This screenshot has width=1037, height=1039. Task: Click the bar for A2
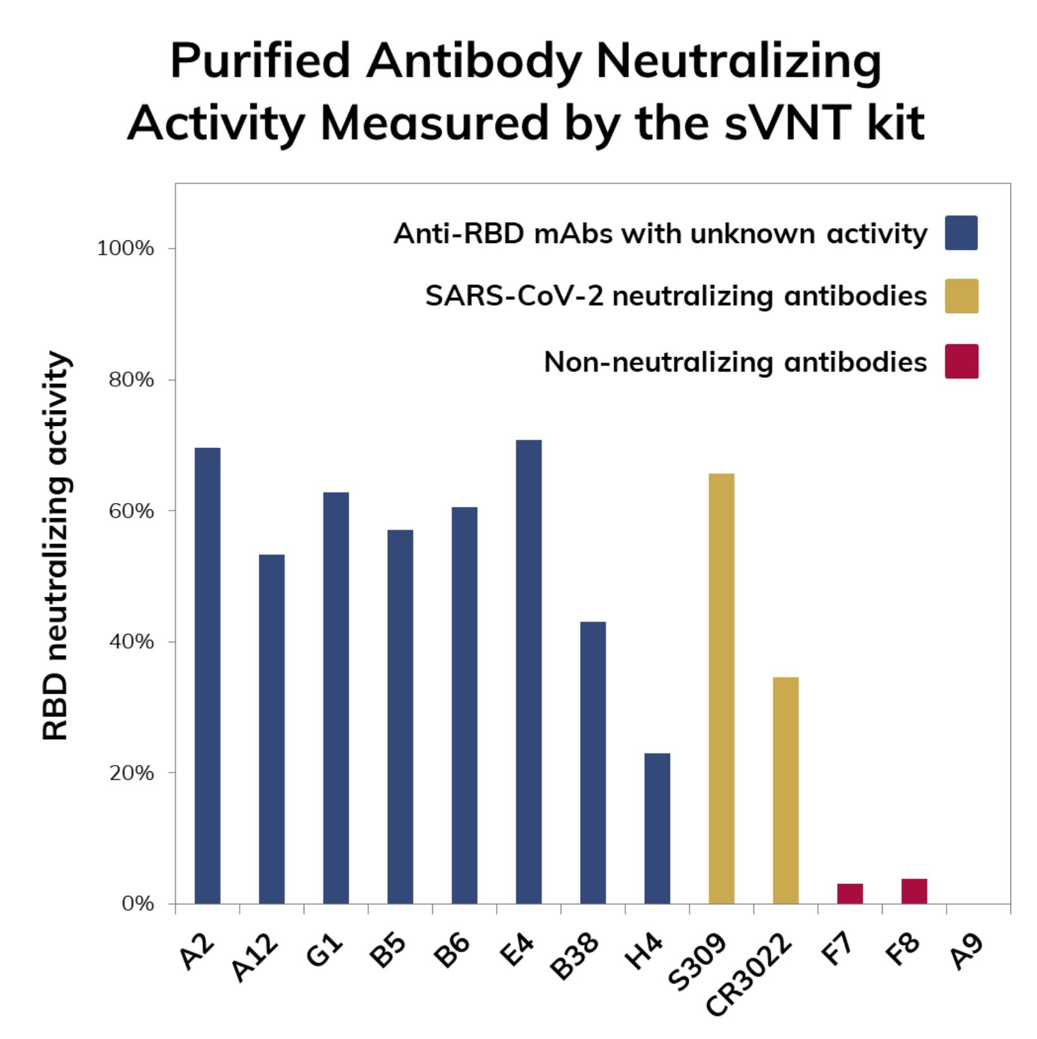pyautogui.click(x=208, y=675)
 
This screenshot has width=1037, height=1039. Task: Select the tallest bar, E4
pyautogui.click(x=529, y=671)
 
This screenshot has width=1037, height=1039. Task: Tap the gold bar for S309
pyautogui.click(x=721, y=688)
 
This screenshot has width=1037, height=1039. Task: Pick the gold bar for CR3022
pyautogui.click(x=786, y=790)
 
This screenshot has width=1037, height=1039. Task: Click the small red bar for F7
pyautogui.click(x=850, y=893)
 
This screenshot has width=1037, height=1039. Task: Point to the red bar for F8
pyautogui.click(x=914, y=891)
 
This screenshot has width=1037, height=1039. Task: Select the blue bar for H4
pyautogui.click(x=657, y=828)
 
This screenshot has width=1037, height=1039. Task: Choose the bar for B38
pyautogui.click(x=593, y=762)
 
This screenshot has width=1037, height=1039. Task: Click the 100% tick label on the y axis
pyautogui.click(x=125, y=249)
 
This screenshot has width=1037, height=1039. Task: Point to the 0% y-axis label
pyautogui.click(x=137, y=904)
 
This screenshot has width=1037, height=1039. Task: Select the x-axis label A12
pyautogui.click(x=255, y=957)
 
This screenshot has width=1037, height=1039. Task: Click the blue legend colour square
pyautogui.click(x=961, y=233)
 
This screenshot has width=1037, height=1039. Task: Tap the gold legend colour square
pyautogui.click(x=961, y=296)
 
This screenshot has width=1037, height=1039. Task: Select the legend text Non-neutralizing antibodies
pyautogui.click(x=735, y=363)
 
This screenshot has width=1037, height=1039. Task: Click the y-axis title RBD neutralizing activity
pyautogui.click(x=56, y=545)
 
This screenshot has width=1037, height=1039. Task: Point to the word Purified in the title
pyautogui.click(x=260, y=61)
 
